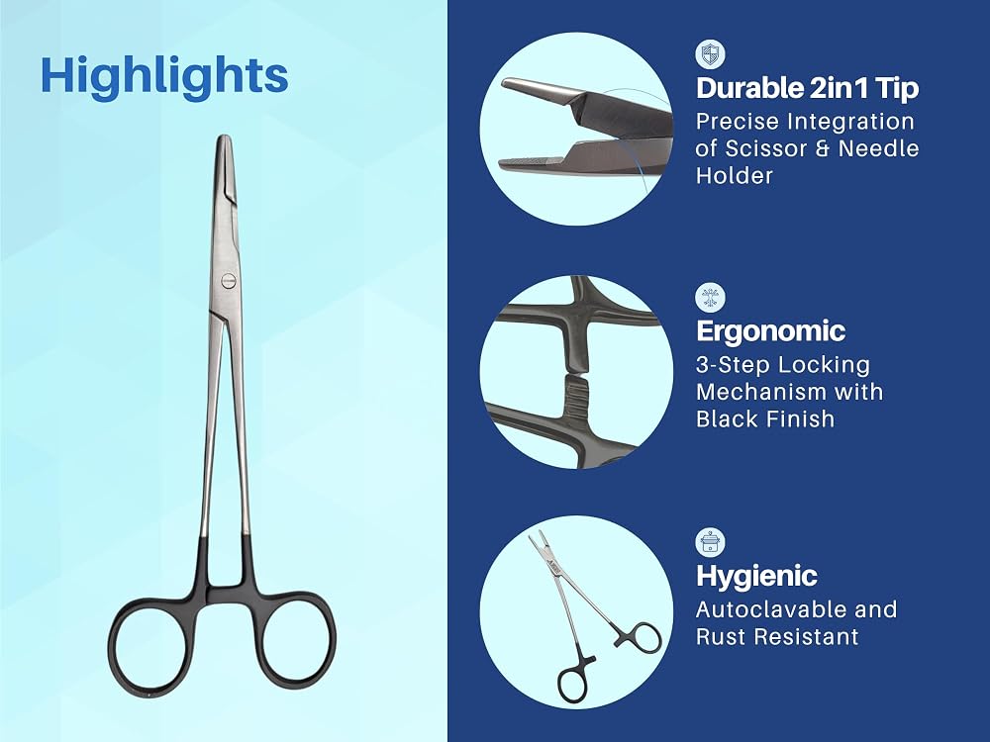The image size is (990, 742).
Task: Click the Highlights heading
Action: tap(164, 76)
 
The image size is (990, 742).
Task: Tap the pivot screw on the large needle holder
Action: tap(228, 280)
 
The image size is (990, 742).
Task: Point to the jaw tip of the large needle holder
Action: tap(224, 139)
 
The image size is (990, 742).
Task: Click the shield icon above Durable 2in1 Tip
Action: tap(710, 54)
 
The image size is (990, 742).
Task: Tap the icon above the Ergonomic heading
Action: tap(710, 298)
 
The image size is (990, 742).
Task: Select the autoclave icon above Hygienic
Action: tap(710, 542)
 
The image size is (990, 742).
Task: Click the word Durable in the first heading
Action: tap(748, 88)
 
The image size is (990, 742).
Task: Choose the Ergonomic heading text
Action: tap(770, 331)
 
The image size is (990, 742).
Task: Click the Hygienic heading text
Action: tap(756, 576)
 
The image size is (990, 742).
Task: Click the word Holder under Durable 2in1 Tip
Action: tap(735, 175)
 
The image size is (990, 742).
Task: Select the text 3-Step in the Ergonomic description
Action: tap(732, 365)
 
